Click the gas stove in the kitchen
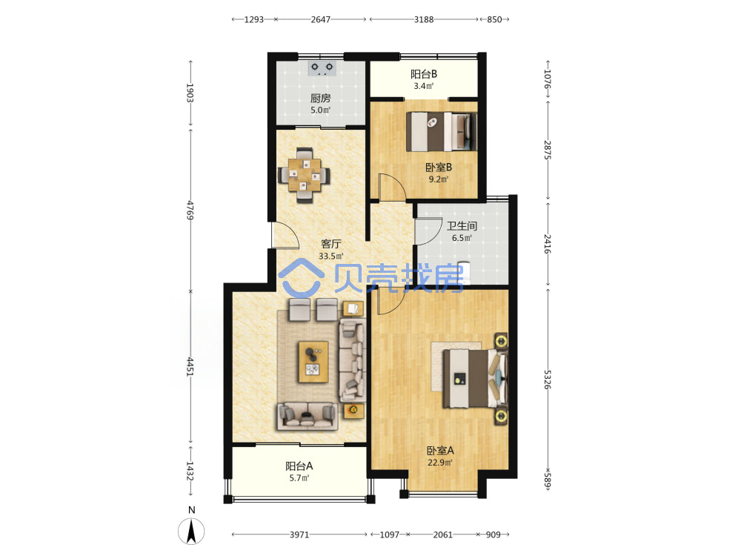322,68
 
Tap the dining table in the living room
305,176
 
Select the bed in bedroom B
442,131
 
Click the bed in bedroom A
475,378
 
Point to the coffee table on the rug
313,362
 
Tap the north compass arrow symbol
191,531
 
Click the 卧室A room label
440,451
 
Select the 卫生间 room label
462,226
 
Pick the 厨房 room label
320,99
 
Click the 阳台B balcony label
423,74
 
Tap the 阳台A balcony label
299,466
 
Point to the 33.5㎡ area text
330,257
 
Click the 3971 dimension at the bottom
299,535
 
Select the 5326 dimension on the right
547,380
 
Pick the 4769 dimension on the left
190,210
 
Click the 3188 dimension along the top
424,19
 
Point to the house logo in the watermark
302,278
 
